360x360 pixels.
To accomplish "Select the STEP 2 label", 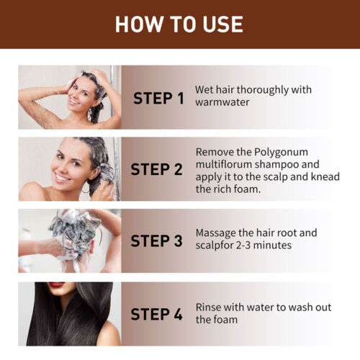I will pyautogui.click(x=158, y=170).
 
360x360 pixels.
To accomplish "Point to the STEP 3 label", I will pyautogui.click(x=158, y=241).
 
